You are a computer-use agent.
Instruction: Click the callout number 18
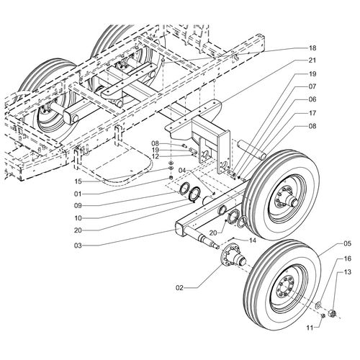click(x=312, y=48)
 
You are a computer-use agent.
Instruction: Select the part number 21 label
click(x=312, y=60)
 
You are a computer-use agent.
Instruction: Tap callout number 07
click(x=312, y=86)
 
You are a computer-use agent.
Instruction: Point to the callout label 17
click(x=312, y=113)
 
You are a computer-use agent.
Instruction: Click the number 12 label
click(x=156, y=156)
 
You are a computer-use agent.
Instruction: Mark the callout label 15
click(x=78, y=181)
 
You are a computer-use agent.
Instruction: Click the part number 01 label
click(x=78, y=194)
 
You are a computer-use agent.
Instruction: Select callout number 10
click(x=78, y=218)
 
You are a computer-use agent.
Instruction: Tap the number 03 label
click(x=78, y=246)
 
